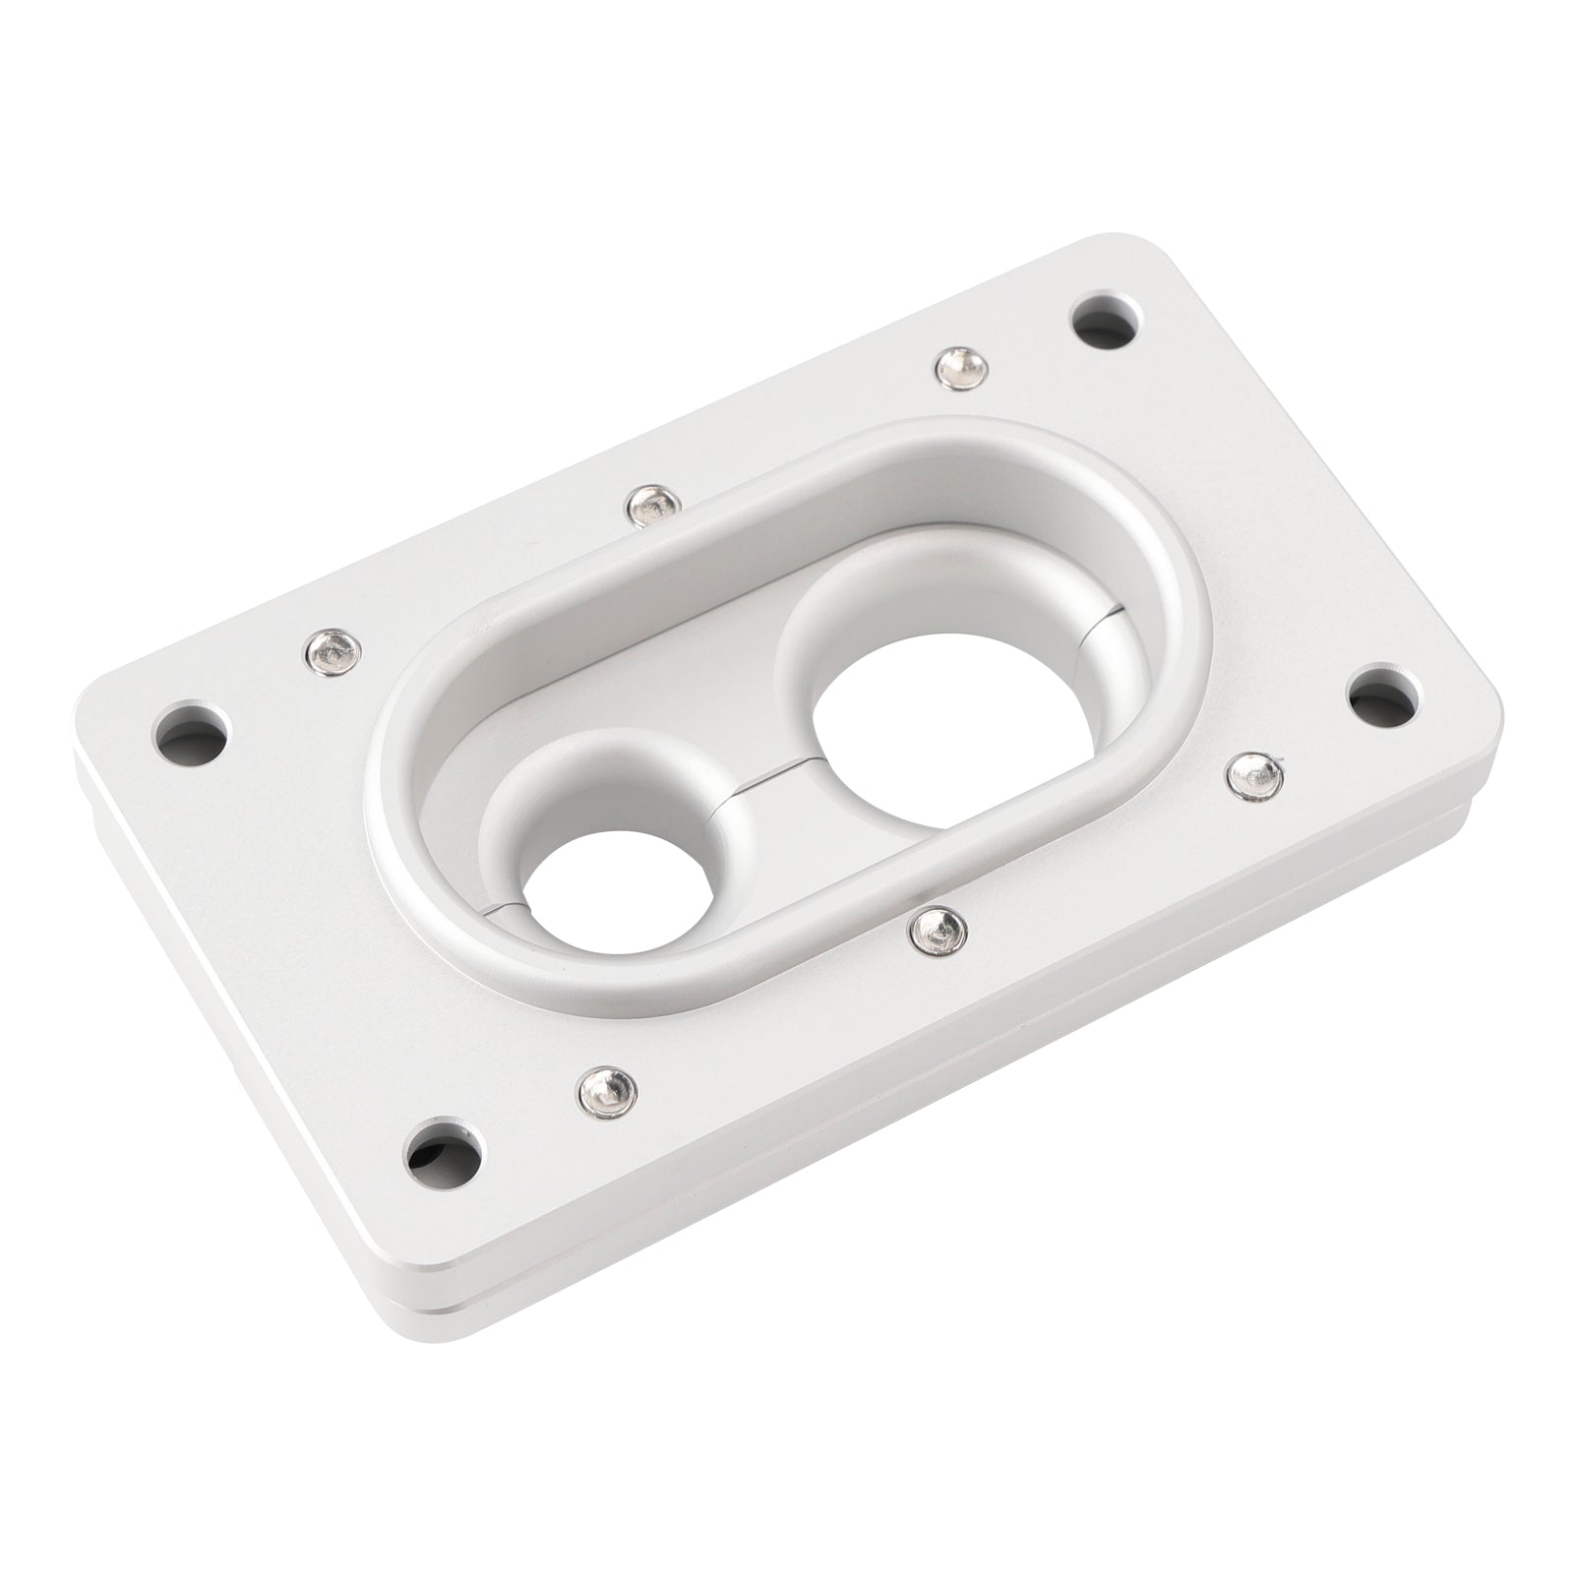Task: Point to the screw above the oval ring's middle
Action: [648, 505]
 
